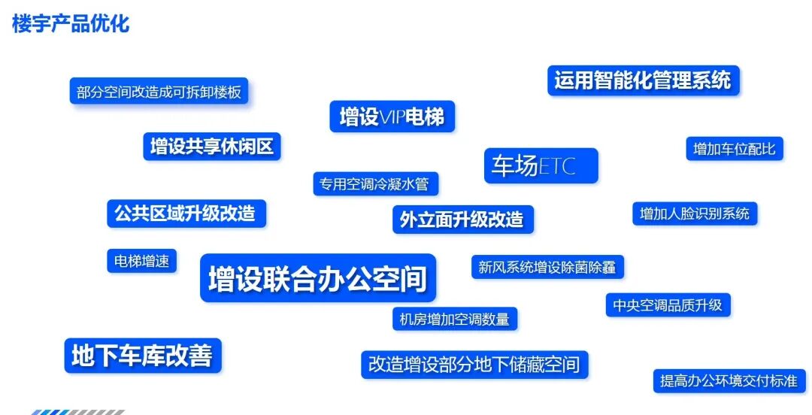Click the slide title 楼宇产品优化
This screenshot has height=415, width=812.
click(x=71, y=23)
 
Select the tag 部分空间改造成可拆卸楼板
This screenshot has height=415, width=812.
click(x=159, y=92)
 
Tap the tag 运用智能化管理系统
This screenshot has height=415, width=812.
click(x=643, y=80)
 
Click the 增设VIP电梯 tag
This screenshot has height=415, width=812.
click(x=392, y=117)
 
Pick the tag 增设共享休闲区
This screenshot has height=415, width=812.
click(x=211, y=146)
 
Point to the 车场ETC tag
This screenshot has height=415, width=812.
click(x=541, y=165)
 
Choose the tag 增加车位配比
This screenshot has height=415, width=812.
click(x=734, y=149)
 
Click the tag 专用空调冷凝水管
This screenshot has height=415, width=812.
click(x=375, y=183)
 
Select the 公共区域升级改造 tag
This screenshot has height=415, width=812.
click(x=186, y=214)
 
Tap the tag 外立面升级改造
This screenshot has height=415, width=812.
click(x=462, y=220)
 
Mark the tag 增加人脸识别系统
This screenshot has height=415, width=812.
click(x=695, y=214)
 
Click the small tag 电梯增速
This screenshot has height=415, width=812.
click(x=141, y=262)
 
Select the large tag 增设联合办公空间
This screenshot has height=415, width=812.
click(x=317, y=278)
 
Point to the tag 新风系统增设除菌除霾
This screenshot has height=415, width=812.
click(x=547, y=267)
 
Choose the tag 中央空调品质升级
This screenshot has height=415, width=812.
click(x=668, y=304)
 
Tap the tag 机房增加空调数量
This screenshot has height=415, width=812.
click(x=454, y=319)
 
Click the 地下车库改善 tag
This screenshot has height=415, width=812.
click(x=142, y=356)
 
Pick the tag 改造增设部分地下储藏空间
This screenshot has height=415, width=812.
click(x=474, y=365)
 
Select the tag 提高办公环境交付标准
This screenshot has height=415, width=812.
click(x=729, y=381)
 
